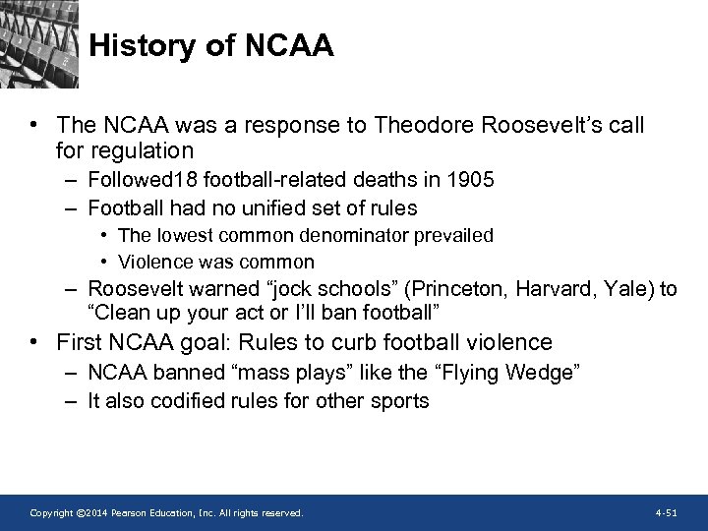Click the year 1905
[471, 180]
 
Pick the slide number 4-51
[666, 513]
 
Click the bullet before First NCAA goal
[34, 342]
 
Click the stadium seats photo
[39, 44]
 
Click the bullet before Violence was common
[103, 262]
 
